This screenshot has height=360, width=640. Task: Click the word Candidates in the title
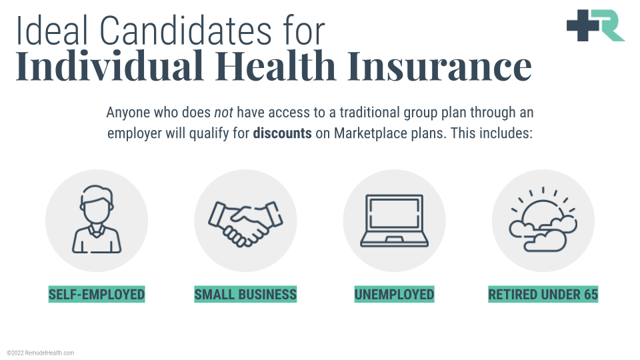coord(185,31)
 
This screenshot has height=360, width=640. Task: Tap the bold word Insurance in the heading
coord(439,65)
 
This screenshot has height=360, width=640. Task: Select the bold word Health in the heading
coord(275,65)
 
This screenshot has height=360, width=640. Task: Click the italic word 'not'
coord(224,112)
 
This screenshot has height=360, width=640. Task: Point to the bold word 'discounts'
coord(282,133)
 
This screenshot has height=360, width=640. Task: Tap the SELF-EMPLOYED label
coord(97,294)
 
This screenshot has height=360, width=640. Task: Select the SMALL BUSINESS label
coord(245,294)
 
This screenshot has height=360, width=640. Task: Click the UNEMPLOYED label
coord(394,294)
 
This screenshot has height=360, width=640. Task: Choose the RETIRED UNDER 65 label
coord(543,294)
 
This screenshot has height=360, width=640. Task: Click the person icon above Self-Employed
coord(97,219)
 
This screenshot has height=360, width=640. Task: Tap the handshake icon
coord(245,224)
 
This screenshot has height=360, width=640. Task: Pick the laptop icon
coord(394,221)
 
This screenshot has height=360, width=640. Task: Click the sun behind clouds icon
coord(543,221)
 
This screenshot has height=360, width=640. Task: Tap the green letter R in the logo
coord(609,25)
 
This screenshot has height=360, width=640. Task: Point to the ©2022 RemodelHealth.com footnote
coord(41,353)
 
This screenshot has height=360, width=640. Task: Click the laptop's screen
coord(394,213)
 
